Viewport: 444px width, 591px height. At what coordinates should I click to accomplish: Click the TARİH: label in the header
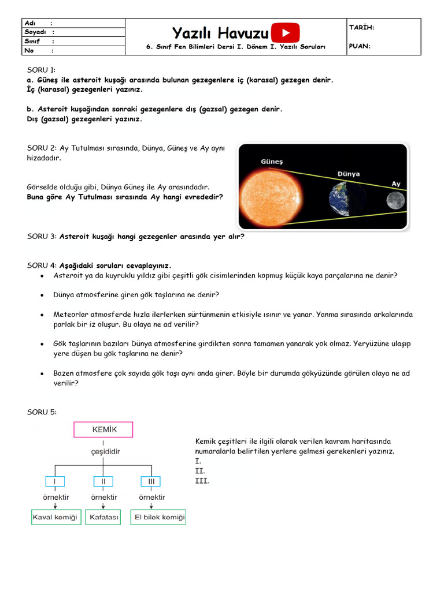pyautogui.click(x=362, y=27)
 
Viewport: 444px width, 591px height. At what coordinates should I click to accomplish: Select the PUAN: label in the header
pyautogui.click(x=360, y=46)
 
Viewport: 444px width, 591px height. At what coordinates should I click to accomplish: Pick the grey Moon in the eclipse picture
pyautogui.click(x=395, y=200)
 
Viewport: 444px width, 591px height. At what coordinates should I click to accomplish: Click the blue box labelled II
pyautogui.click(x=103, y=481)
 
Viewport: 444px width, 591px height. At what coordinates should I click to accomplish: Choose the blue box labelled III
pyautogui.click(x=151, y=481)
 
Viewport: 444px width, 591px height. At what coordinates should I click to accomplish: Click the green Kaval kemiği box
pyautogui.click(x=55, y=517)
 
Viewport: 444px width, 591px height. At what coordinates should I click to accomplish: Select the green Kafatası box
pyautogui.click(x=104, y=517)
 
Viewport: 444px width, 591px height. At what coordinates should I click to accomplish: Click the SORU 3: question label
pyautogui.click(x=42, y=236)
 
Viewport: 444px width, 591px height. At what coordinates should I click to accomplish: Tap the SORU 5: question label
pyautogui.click(x=42, y=412)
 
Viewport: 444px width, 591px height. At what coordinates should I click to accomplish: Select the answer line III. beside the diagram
pyautogui.click(x=202, y=481)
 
